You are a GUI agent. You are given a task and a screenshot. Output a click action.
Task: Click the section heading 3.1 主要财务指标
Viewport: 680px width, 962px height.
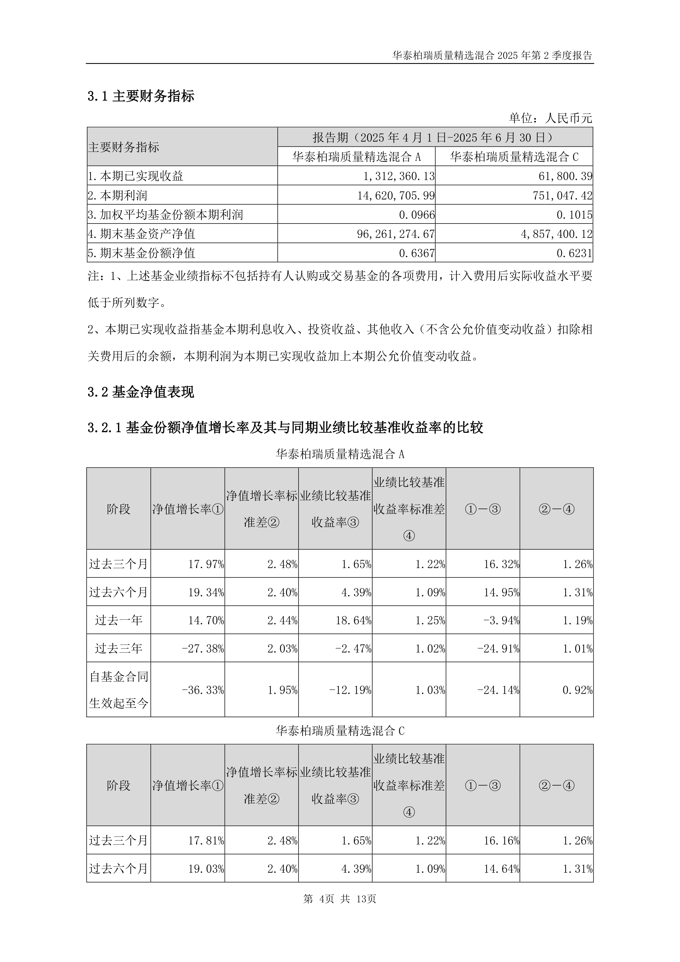coord(141,96)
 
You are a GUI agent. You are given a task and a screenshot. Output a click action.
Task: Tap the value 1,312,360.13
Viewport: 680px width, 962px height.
coord(399,176)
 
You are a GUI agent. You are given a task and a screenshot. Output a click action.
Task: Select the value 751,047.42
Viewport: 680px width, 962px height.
coord(562,195)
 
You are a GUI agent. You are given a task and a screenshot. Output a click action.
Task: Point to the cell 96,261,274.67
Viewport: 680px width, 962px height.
coord(396,234)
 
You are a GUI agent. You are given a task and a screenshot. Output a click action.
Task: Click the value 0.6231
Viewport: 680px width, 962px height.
coord(574,253)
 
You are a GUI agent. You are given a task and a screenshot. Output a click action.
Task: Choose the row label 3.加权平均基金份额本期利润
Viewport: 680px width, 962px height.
coord(165,214)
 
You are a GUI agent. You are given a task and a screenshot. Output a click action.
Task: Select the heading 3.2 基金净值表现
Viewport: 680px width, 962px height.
coord(141,392)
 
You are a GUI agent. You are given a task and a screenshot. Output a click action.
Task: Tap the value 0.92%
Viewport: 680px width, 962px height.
coord(577,690)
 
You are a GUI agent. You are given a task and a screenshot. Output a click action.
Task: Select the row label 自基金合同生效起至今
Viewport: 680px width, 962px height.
coord(118,690)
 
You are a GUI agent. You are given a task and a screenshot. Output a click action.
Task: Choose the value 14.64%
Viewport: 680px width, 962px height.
coord(501,869)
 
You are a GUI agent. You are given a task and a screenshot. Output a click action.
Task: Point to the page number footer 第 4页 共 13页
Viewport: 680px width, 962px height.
coord(340,899)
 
